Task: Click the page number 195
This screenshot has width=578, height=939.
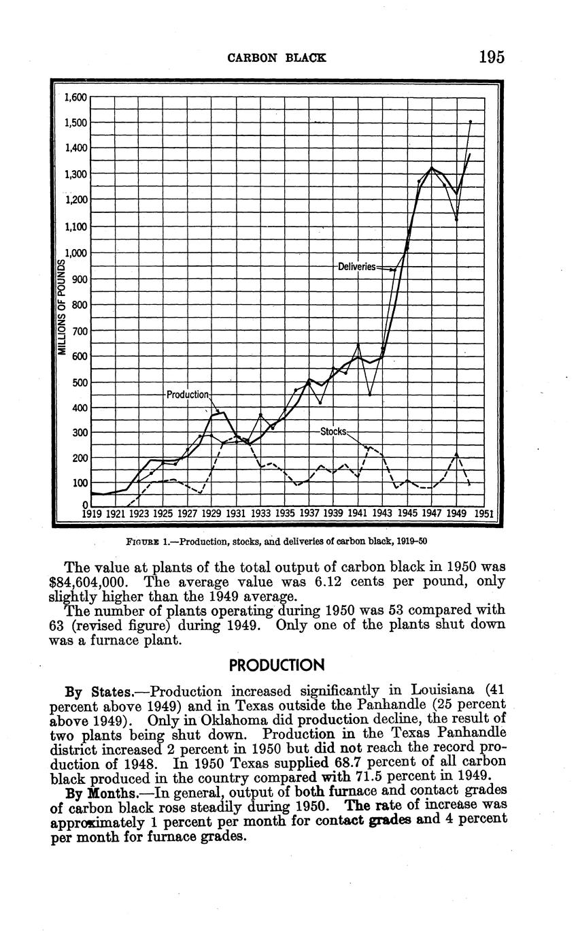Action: (491, 56)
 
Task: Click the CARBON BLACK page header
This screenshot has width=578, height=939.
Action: (276, 58)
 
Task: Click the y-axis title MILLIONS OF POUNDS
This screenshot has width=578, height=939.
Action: (61, 308)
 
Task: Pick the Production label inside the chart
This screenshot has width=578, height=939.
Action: (187, 395)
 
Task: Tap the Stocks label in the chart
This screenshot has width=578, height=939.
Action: (333, 431)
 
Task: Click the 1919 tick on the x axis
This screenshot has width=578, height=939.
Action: (92, 514)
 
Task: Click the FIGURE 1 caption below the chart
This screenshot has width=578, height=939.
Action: (277, 542)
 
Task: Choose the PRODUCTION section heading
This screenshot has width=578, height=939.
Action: (277, 664)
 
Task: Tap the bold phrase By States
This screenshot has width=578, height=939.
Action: (90, 692)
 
